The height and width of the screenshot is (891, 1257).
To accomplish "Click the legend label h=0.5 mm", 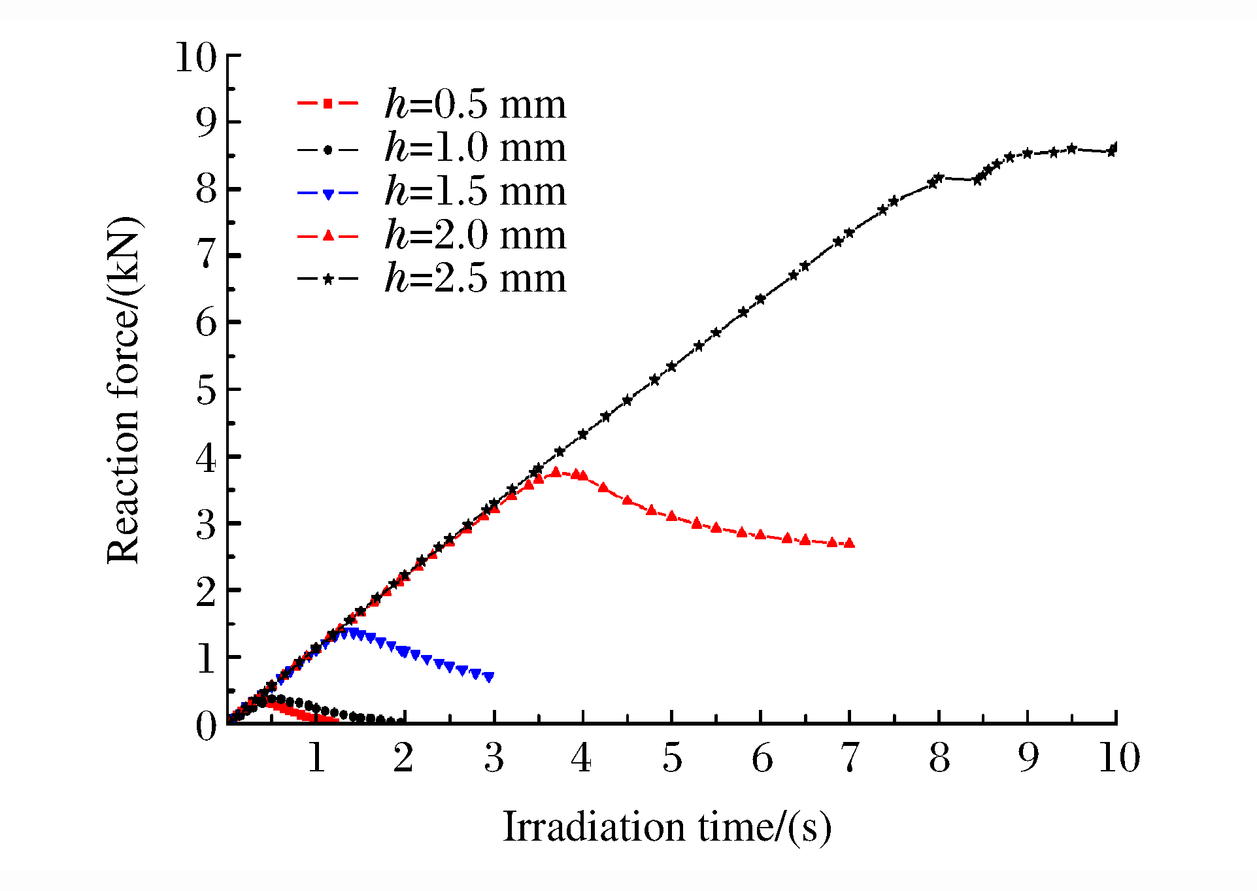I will click(x=475, y=104).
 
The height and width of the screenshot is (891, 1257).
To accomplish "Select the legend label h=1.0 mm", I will click(x=475, y=148).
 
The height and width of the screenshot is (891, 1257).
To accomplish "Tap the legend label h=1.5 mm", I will click(x=475, y=191).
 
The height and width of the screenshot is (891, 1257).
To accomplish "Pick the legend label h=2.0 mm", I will click(x=475, y=235).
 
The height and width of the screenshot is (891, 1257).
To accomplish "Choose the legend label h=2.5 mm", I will click(x=475, y=278).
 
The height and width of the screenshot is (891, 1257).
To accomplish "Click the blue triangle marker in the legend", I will click(x=328, y=193).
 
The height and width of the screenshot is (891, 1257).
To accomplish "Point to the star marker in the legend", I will click(x=328, y=279).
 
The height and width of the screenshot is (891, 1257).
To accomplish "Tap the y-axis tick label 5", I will click(x=206, y=390).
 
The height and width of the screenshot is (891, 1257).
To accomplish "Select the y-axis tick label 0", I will click(x=206, y=726).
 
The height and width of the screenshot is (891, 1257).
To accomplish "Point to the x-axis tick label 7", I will click(x=849, y=758).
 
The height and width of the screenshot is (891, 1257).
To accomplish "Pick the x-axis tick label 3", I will click(x=494, y=758).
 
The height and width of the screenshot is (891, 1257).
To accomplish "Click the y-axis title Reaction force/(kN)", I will click(x=124, y=390).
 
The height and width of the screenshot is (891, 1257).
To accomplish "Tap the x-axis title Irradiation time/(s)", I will click(x=667, y=827).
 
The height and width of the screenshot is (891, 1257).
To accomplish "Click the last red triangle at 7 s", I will click(x=849, y=543).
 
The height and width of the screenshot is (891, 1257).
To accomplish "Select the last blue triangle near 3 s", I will click(x=489, y=678).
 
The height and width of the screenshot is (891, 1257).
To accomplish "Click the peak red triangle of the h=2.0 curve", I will click(x=556, y=471).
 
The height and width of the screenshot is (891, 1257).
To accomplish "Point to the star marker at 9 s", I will click(x=1028, y=153).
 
